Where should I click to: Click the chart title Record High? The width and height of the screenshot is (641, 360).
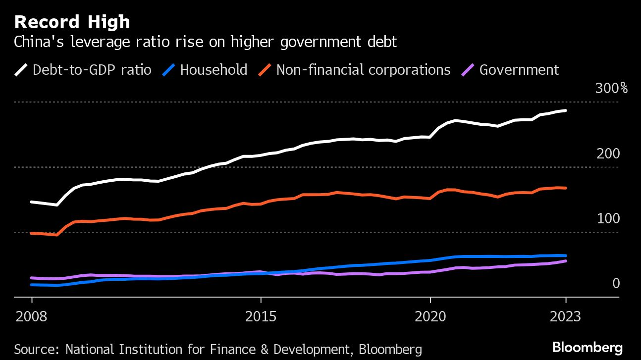pyautogui.click(x=72, y=22)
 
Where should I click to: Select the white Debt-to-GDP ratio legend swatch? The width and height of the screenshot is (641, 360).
pyautogui.click(x=21, y=69)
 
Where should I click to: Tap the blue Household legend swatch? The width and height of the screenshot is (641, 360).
pyautogui.click(x=169, y=69)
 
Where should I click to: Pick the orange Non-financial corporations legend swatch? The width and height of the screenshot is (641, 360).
pyautogui.click(x=265, y=69)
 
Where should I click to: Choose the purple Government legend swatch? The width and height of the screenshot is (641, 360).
pyautogui.click(x=468, y=69)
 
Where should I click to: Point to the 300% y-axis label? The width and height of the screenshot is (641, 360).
pyautogui.click(x=611, y=89)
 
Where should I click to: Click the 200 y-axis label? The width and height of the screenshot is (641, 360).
pyautogui.click(x=608, y=154)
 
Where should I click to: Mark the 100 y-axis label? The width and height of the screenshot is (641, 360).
pyautogui.click(x=608, y=219)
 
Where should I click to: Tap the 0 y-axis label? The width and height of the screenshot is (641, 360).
pyautogui.click(x=616, y=284)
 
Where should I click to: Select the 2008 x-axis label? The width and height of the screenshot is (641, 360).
pyautogui.click(x=31, y=316)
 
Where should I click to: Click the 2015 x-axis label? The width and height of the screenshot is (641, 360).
pyautogui.click(x=261, y=316)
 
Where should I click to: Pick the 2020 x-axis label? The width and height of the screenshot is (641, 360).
pyautogui.click(x=430, y=316)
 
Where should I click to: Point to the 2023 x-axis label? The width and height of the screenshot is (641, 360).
pyautogui.click(x=566, y=316)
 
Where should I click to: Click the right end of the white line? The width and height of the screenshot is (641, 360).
pyautogui.click(x=566, y=110)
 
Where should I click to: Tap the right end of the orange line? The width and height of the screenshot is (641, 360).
pyautogui.click(x=566, y=188)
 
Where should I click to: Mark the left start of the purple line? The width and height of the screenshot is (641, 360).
pyautogui.click(x=32, y=278)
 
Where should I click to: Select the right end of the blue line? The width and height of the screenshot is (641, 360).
pyautogui.click(x=566, y=256)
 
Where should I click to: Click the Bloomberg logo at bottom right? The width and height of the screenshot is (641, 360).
pyautogui.click(x=587, y=347)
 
